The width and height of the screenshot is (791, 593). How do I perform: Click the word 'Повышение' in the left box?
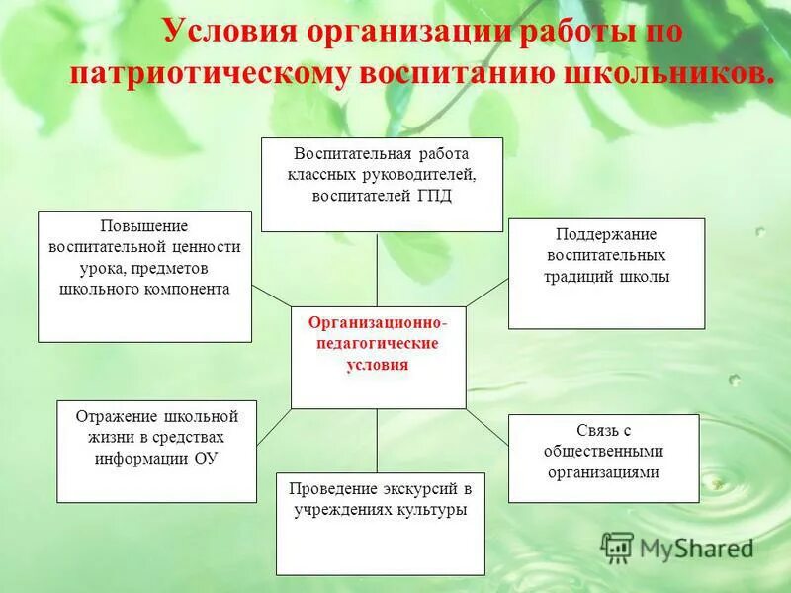(x=144, y=226)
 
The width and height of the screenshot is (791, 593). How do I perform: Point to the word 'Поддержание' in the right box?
(x=606, y=234)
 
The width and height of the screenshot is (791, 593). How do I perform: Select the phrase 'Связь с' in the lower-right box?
(x=603, y=431)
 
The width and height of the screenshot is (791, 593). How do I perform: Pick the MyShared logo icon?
(x=616, y=547)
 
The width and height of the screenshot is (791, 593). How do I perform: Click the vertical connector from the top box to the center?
(x=377, y=269)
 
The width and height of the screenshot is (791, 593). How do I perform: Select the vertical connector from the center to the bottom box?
(x=377, y=441)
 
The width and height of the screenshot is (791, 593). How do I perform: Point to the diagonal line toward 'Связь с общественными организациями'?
(x=486, y=429)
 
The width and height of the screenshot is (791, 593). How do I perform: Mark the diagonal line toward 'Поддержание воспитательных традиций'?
(x=486, y=292)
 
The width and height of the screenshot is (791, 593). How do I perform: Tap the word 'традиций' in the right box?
(x=577, y=277)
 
